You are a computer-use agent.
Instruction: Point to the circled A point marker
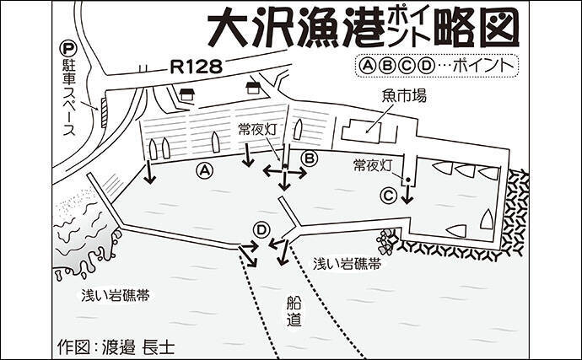[x=202, y=170]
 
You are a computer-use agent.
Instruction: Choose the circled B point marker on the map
[x=309, y=157]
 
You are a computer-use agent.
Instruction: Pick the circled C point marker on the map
[x=388, y=195]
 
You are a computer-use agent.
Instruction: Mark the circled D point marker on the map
[x=262, y=229]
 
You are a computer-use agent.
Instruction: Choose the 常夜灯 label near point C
[x=374, y=164]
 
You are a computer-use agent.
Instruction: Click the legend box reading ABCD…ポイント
[x=439, y=63]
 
